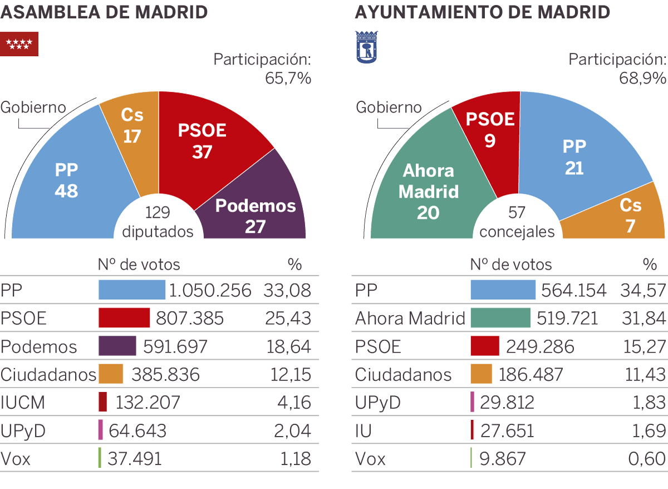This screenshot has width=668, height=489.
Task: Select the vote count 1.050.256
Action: click(x=210, y=290)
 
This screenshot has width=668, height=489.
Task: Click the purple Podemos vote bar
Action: click(x=117, y=346)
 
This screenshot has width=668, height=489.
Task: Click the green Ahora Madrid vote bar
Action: click(x=500, y=319)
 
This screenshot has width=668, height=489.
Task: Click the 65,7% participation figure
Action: click(x=287, y=79)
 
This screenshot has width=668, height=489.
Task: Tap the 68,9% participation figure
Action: click(x=642, y=79)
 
